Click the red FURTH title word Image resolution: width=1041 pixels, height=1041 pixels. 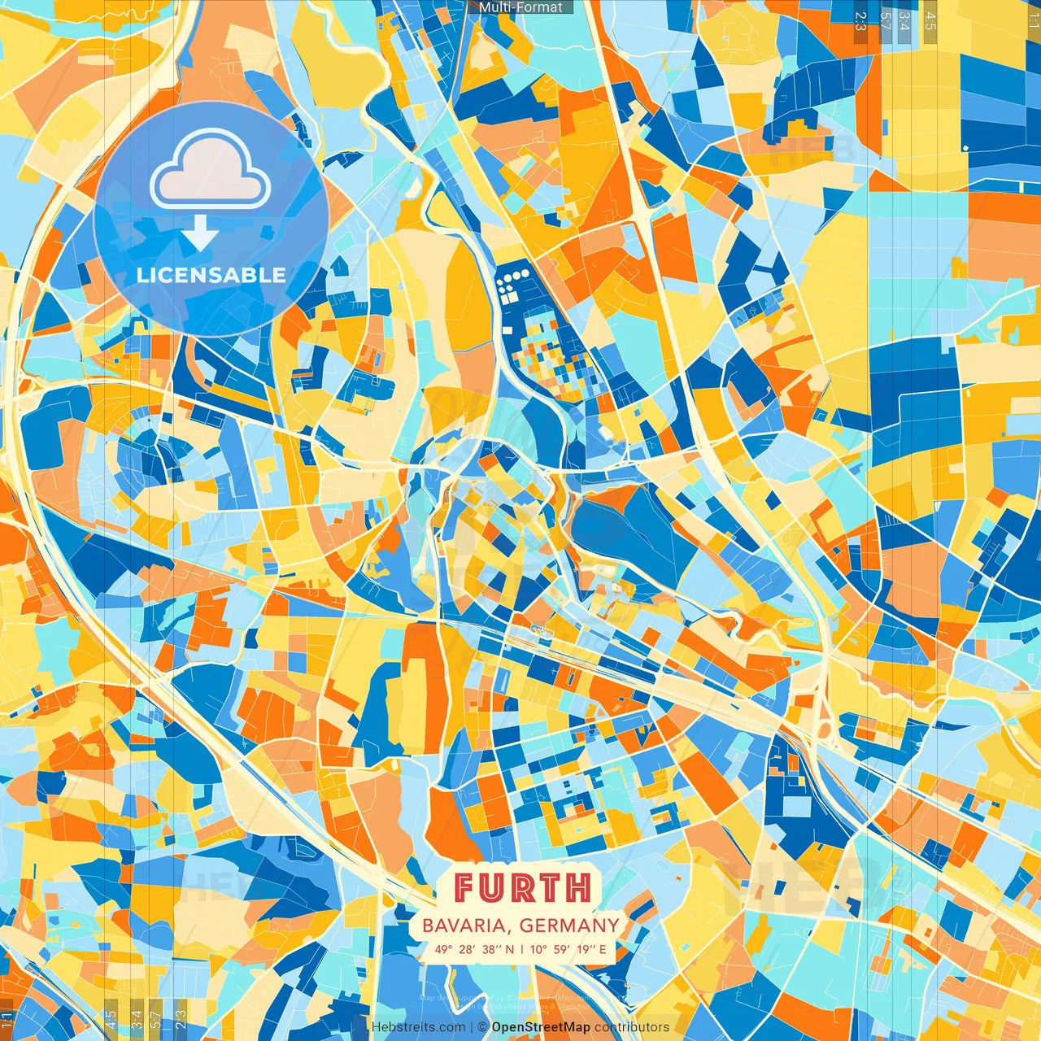tap(521, 887)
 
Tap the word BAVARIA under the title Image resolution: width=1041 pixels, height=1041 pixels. tap(468, 926)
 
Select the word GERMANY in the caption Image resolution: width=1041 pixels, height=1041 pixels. tap(569, 926)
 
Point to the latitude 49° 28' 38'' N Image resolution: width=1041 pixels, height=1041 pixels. tap(474, 949)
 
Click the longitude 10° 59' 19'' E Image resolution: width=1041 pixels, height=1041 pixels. tap(568, 949)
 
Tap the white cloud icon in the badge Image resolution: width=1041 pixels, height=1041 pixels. tap(211, 172)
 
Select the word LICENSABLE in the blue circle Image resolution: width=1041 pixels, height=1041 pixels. tap(211, 275)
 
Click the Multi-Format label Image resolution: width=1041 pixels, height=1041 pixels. tap(520, 7)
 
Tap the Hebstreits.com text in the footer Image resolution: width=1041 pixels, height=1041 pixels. tap(419, 1027)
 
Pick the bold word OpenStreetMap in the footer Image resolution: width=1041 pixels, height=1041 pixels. tap(541, 1027)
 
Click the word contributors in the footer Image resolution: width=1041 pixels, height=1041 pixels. tap(632, 1027)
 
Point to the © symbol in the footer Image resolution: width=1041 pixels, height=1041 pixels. tap(482, 1027)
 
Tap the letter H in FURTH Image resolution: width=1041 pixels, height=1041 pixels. tap(578, 887)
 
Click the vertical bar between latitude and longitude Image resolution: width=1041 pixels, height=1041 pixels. tap(521, 949)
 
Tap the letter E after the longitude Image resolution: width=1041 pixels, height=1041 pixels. tap(603, 949)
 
